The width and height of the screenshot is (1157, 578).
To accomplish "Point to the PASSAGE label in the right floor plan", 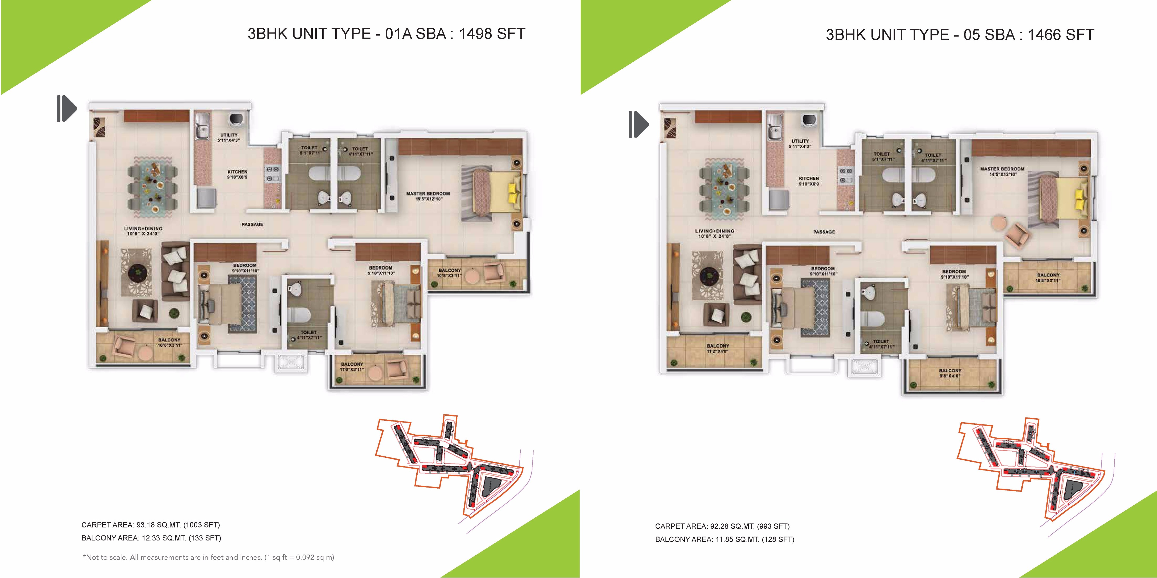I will click(824, 232).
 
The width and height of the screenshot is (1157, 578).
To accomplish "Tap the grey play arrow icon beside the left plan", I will click(67, 109).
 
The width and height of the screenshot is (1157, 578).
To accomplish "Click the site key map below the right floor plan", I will click(1031, 476).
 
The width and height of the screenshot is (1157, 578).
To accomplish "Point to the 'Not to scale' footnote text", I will click(208, 557).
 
